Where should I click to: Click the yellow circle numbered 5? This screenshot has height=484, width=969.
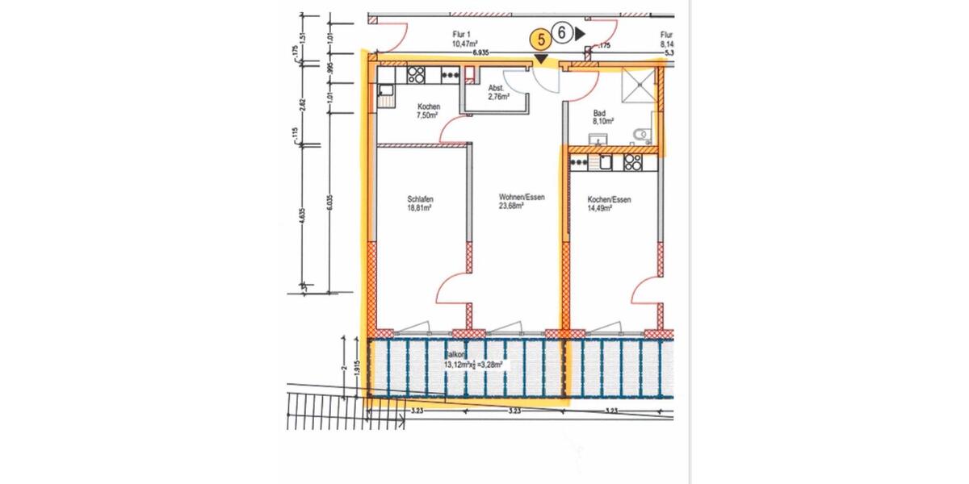(539, 36)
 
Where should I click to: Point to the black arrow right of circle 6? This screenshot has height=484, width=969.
(581, 34)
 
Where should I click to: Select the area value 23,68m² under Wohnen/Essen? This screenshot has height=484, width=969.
(511, 205)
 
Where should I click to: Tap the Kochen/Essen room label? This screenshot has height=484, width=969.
(609, 199)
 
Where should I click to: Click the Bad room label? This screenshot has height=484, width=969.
(599, 114)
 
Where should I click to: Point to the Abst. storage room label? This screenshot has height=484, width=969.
(497, 88)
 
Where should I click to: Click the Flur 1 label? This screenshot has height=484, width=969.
(463, 35)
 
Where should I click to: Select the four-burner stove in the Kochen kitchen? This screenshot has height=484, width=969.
(417, 75)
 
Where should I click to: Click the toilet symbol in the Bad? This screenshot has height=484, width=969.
(644, 136)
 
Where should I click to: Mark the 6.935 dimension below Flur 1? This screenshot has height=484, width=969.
(481, 51)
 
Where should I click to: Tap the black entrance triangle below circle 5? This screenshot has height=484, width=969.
(539, 58)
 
